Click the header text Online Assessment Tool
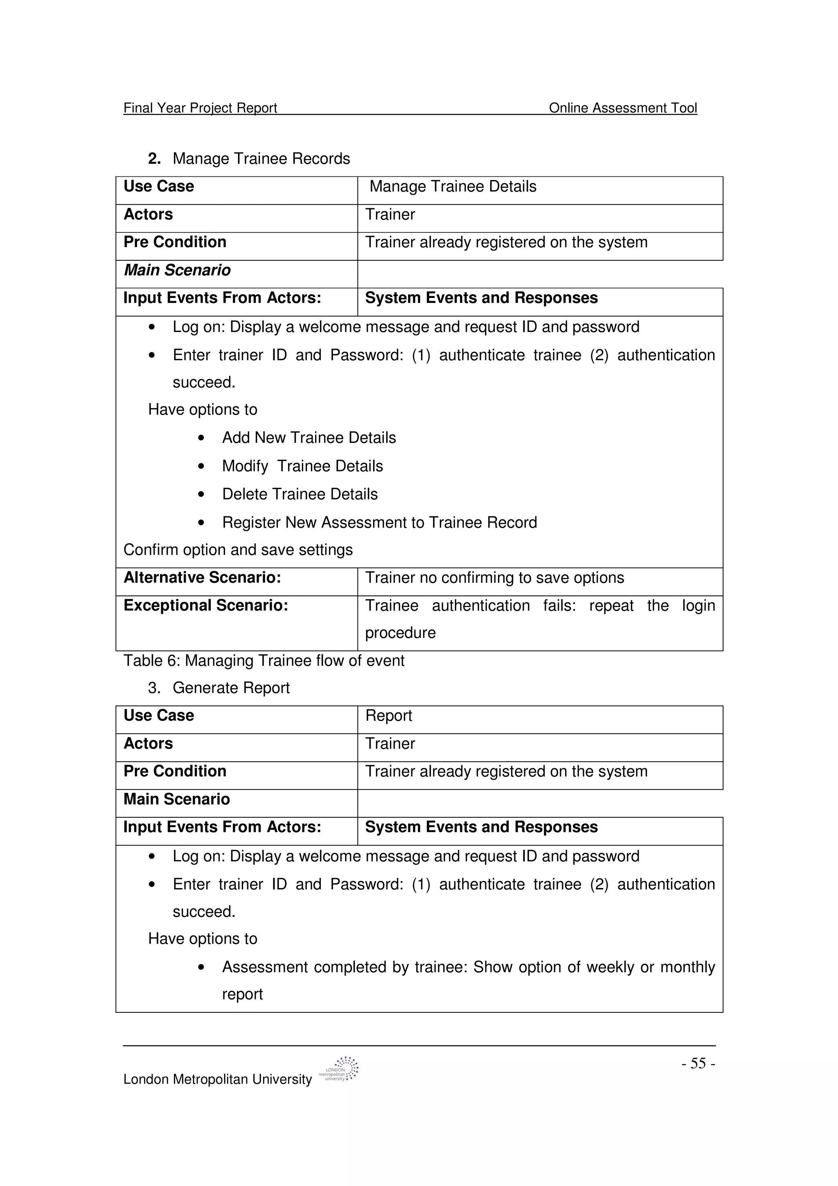[623, 108]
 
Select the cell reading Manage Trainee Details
[453, 187]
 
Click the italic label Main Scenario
[177, 270]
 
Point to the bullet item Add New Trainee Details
[309, 438]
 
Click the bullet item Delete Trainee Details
[300, 494]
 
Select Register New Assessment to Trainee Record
[379, 523]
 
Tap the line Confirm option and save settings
[238, 550]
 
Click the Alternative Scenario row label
[203, 577]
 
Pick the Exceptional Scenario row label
[205, 605]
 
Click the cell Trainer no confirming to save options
[495, 578]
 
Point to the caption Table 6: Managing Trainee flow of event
[264, 661]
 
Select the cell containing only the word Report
[388, 716]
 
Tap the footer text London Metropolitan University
[217, 1080]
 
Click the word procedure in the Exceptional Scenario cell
[400, 633]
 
